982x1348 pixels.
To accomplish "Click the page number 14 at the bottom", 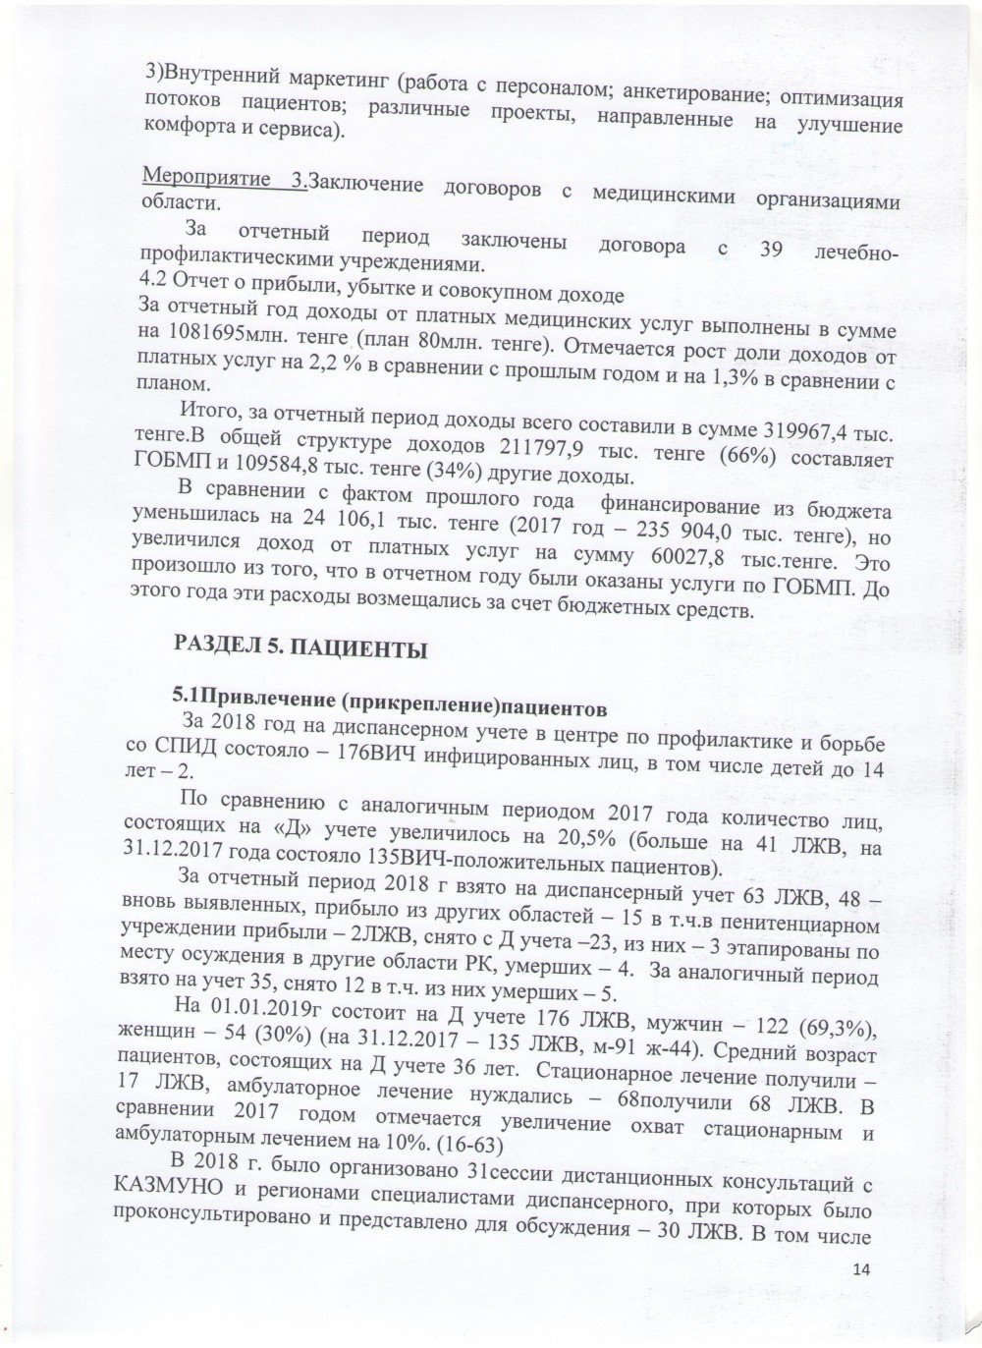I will tap(863, 1270).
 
